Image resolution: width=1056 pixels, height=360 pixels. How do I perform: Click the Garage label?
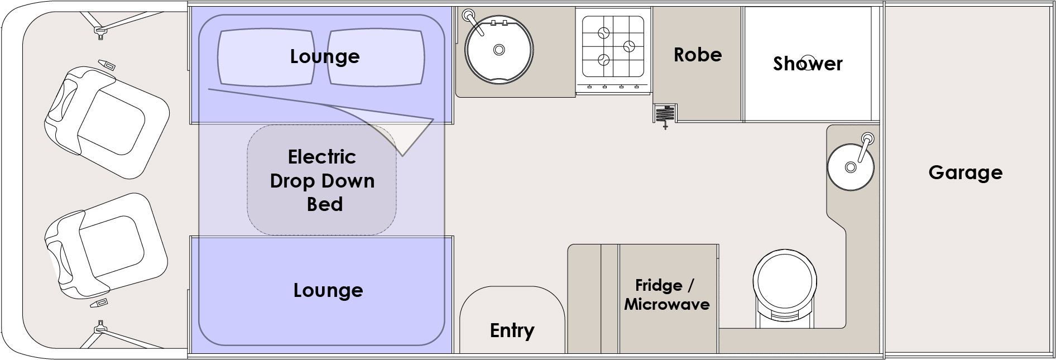[965, 172]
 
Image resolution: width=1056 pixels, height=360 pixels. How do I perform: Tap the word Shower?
[807, 64]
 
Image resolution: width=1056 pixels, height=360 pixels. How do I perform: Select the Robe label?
[697, 55]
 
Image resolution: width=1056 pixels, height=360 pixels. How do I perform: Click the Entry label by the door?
[512, 330]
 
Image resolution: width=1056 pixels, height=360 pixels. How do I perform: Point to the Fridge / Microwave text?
[666, 295]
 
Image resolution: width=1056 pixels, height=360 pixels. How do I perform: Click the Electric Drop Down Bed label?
[322, 180]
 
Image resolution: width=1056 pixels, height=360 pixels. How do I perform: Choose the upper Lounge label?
[324, 56]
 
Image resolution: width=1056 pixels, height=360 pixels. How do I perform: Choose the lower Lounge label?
[328, 290]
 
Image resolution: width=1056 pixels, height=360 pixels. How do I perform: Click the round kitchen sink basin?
[499, 50]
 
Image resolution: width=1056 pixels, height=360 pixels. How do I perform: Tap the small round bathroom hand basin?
[850, 166]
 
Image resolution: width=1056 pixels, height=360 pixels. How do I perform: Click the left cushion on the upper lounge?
[265, 57]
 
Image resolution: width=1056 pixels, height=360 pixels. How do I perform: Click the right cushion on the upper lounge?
[375, 57]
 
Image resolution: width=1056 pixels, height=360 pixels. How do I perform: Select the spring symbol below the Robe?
[665, 114]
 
